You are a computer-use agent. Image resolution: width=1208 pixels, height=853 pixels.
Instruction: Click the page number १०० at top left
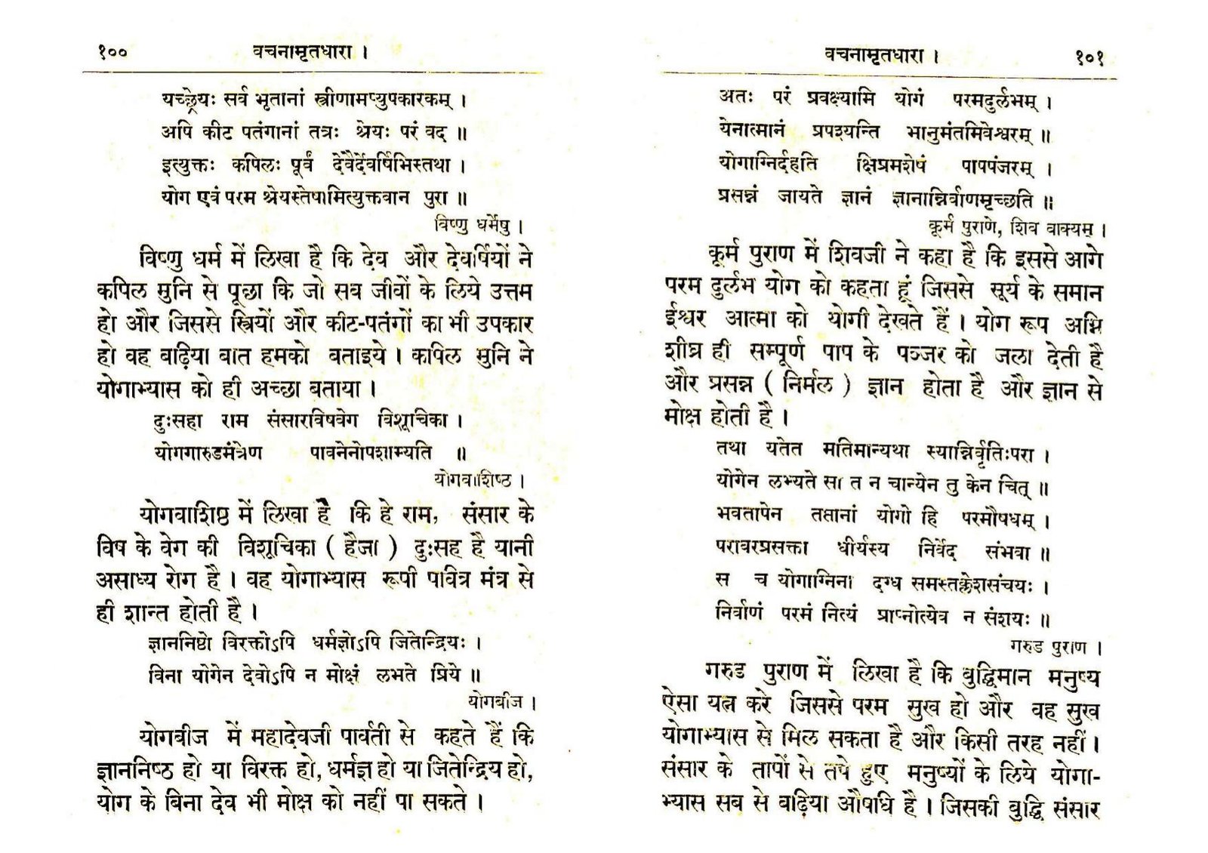112,52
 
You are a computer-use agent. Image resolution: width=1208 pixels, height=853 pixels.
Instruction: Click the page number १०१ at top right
1090,57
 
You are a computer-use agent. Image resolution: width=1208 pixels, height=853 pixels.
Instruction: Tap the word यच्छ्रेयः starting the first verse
192,99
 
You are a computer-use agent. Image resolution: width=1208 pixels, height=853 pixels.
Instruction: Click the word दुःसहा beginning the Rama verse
178,420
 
